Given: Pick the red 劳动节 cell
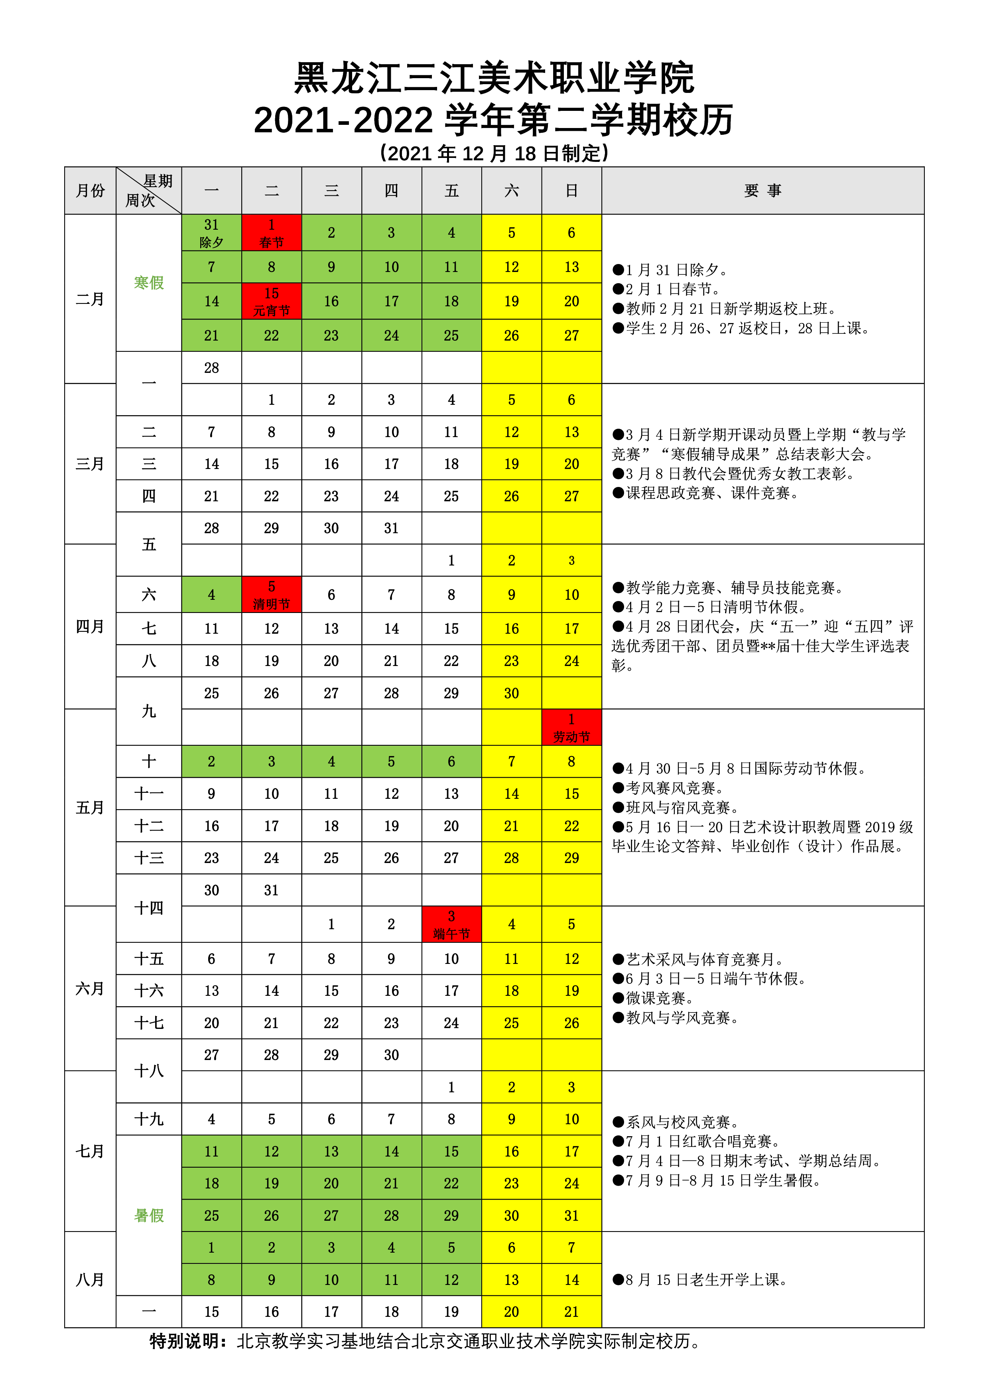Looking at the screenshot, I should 571,727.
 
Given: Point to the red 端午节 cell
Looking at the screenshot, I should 451,924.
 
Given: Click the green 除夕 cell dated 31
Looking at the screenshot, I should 211,233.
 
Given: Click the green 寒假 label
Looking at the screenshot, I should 149,283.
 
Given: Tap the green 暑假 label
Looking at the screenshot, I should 149,1216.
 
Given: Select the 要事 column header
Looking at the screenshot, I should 762,191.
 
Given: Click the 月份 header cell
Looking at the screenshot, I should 90,191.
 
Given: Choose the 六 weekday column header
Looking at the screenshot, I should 511,191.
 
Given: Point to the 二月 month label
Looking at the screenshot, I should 90,299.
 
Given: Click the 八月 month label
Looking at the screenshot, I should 90,1280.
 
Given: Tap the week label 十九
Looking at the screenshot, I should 149,1119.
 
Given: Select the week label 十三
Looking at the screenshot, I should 149,858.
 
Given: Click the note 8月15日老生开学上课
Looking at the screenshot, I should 701,1280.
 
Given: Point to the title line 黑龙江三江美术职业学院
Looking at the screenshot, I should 494,78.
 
